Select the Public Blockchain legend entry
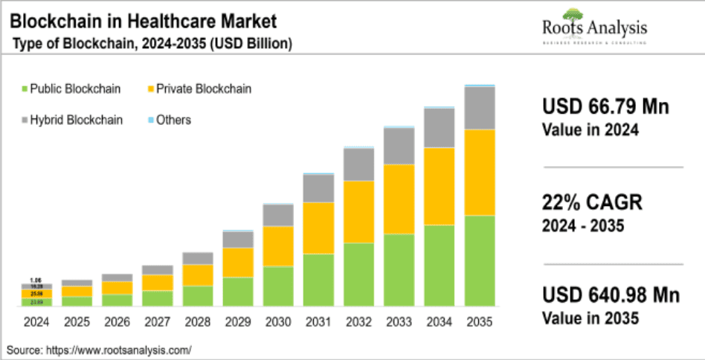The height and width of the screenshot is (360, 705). (x=74, y=89)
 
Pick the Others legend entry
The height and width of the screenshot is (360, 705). (x=168, y=120)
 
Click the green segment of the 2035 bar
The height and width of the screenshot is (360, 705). (x=480, y=260)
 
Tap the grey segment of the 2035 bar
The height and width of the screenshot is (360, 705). (x=480, y=108)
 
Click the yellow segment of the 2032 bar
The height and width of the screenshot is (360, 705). (x=358, y=211)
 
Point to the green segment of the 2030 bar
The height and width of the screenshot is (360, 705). (x=278, y=286)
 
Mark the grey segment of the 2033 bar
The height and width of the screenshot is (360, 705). (x=399, y=146)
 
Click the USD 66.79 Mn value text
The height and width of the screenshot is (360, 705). (x=605, y=107)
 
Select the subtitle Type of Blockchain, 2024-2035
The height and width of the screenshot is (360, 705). (x=152, y=45)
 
